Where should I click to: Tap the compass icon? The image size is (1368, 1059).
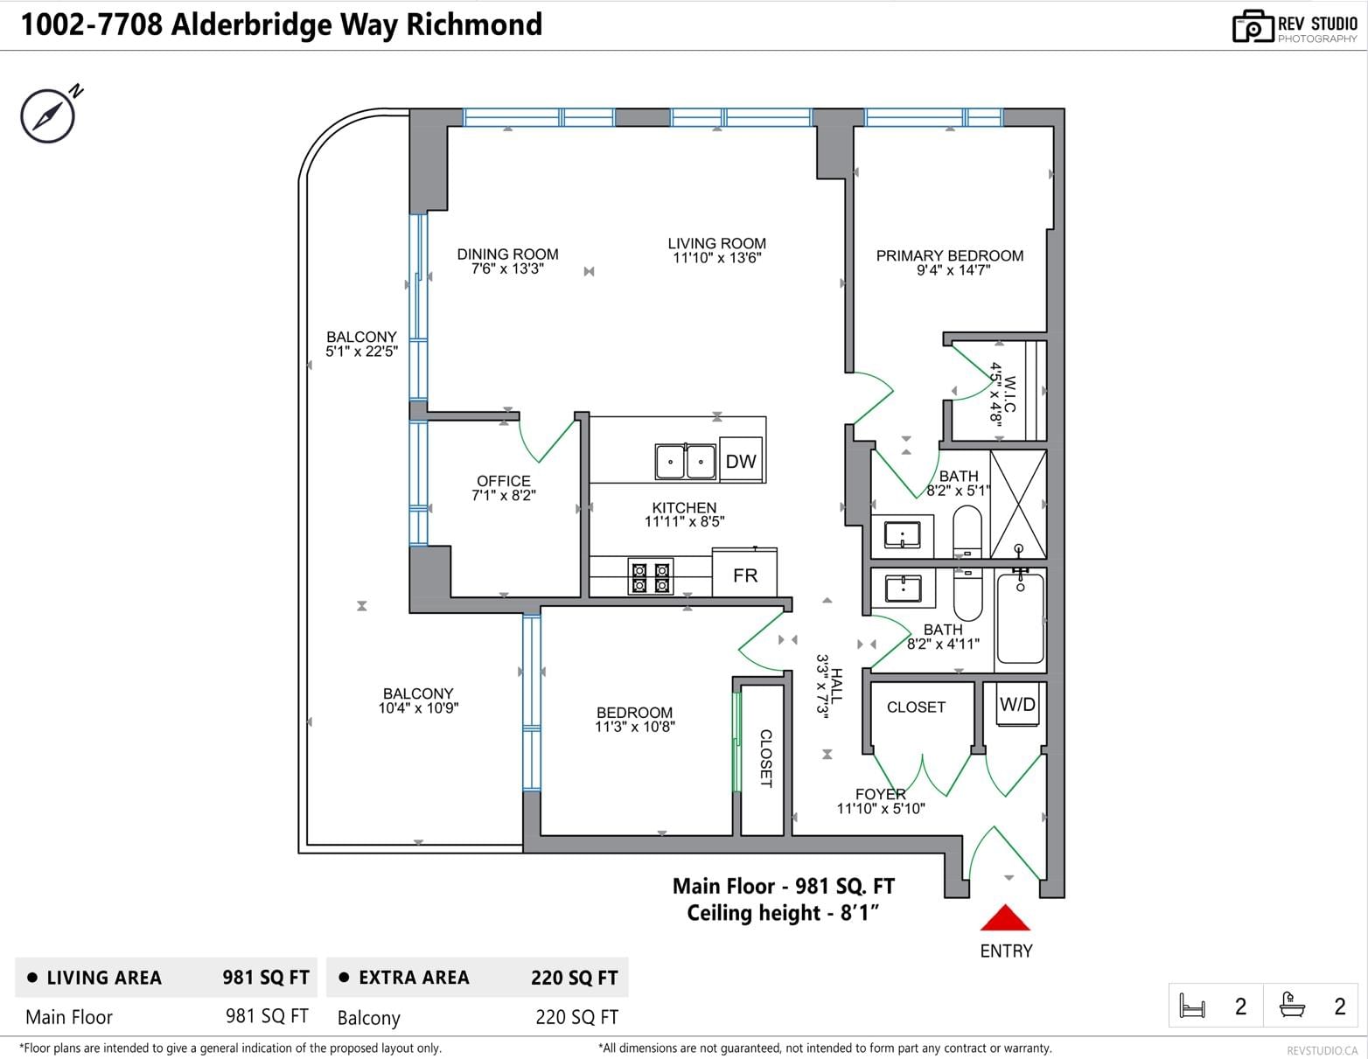48,115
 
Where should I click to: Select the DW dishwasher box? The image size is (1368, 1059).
741,460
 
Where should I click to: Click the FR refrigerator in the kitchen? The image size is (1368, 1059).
744,572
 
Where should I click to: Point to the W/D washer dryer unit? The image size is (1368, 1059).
1017,705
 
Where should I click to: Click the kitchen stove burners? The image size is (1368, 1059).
650,577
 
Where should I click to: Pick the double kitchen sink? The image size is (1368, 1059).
685,462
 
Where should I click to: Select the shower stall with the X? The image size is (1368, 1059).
1018,504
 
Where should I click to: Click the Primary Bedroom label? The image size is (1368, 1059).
949,256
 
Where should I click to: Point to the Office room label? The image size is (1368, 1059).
504,481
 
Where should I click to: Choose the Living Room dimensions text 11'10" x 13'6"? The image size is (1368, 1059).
717,258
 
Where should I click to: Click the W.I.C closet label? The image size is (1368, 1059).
1009,394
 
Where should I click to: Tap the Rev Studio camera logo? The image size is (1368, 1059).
1253,27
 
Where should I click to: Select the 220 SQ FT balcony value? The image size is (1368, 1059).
576,1018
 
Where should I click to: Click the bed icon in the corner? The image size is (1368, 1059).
1191,1006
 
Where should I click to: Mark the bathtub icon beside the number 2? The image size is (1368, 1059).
1292,1005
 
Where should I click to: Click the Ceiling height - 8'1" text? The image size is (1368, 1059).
783,913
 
